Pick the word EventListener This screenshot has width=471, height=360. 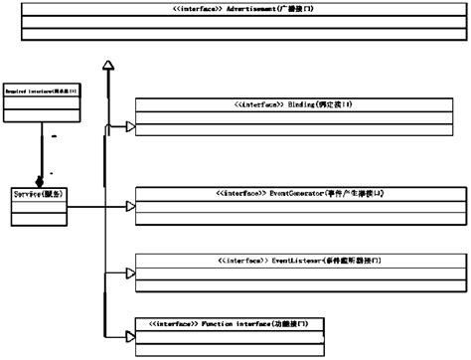[297, 260]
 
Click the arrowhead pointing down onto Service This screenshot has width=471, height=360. [40, 180]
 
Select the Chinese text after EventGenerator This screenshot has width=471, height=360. [352, 192]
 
